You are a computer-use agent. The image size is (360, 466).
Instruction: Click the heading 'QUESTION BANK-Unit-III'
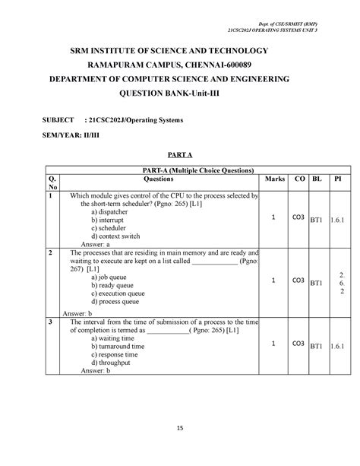tap(179, 97)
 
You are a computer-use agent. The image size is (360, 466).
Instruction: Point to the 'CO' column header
tap(299, 179)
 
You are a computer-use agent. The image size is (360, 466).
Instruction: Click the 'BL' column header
tap(317, 179)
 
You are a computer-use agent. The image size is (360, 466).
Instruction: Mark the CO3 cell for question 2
tap(300, 281)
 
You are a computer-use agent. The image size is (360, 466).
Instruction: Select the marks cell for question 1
tap(272, 217)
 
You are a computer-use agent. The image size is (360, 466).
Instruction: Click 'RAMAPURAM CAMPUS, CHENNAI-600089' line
tap(179, 65)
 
